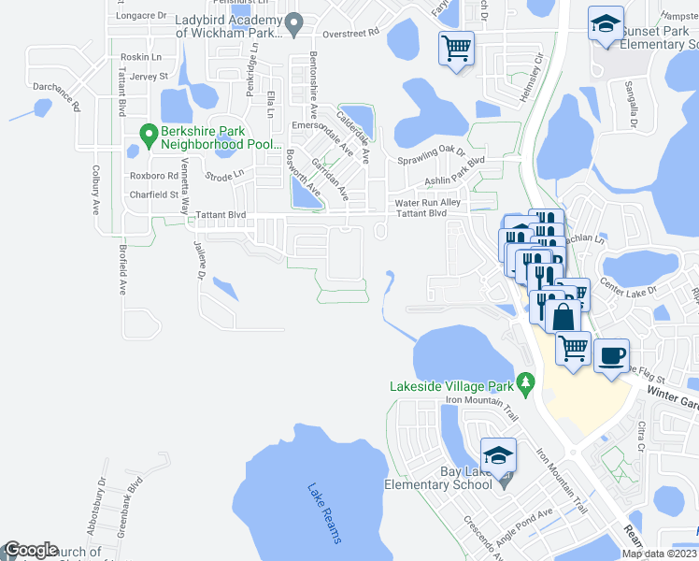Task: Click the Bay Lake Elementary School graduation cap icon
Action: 499,455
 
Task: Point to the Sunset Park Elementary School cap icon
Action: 606,23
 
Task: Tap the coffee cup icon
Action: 611,356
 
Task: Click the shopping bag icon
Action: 564,315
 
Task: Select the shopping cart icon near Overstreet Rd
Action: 456,48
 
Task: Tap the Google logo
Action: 31,550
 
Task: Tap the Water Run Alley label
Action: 428,202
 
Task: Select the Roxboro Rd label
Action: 153,175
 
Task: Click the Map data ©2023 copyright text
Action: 659,553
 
